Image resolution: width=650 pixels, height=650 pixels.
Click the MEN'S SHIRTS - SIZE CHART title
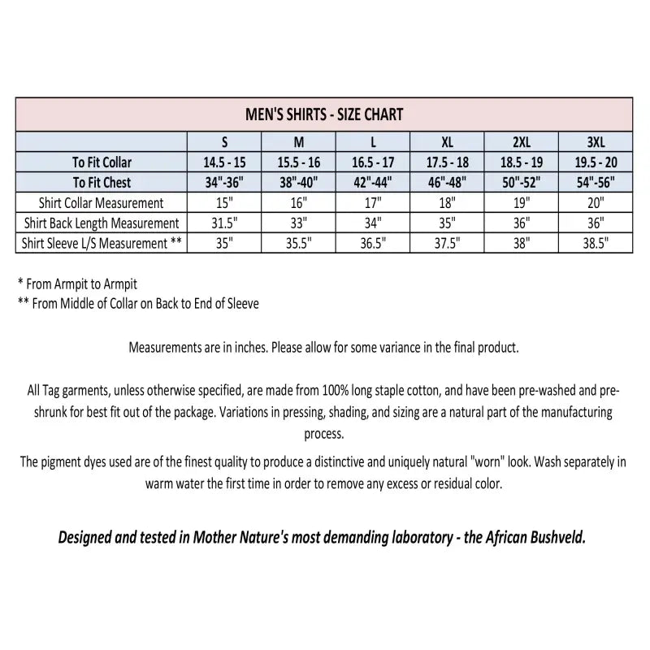324,115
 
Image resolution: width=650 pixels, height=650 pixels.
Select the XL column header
446,141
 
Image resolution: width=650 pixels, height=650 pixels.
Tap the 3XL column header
596,141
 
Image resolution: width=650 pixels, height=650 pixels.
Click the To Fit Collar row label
102,162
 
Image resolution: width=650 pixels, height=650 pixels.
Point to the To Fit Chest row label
102,182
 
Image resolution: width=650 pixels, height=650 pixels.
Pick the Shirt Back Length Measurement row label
102,223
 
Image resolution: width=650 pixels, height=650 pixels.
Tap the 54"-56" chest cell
596,182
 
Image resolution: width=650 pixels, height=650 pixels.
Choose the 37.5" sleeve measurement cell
446,243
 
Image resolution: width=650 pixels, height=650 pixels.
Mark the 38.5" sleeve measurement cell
596,243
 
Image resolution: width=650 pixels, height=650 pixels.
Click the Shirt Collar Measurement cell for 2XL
521,202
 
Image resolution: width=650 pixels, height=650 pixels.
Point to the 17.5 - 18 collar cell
446,162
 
